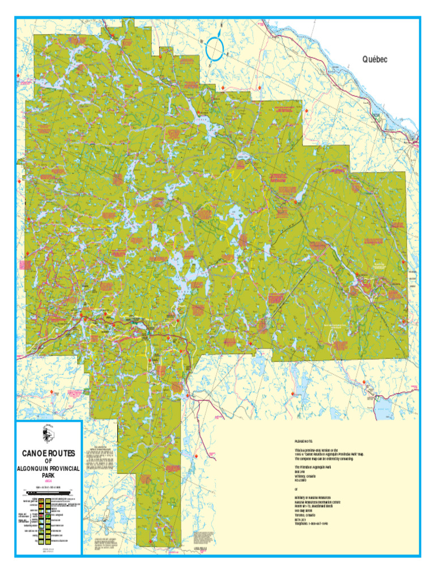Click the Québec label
[x=374, y=59]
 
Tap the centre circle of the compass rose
[x=216, y=47]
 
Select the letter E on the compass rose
[x=227, y=55]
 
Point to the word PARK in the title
[x=48, y=476]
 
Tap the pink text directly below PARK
[x=48, y=481]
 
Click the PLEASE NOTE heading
[x=304, y=441]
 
